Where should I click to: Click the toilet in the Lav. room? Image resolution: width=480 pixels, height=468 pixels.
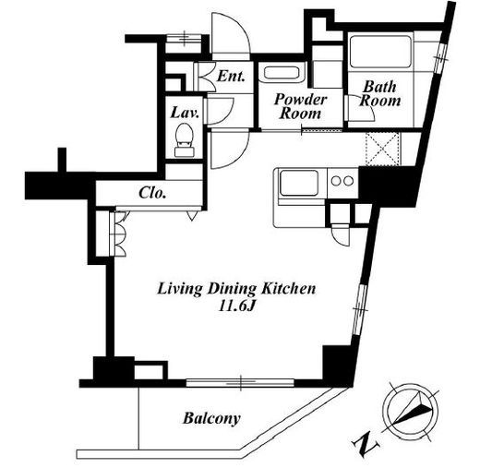pyautogui.click(x=184, y=140)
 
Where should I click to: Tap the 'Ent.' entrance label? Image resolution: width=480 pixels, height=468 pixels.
pyautogui.click(x=231, y=76)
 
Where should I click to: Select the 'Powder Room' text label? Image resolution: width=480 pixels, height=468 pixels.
pyautogui.click(x=300, y=106)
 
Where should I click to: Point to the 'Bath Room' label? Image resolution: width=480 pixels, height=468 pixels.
pyautogui.click(x=380, y=93)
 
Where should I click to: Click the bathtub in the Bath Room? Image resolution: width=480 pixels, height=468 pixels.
pyautogui.click(x=380, y=52)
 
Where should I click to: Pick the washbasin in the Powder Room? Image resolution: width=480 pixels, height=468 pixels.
pyautogui.click(x=282, y=74)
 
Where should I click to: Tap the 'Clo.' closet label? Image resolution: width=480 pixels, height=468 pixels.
pyautogui.click(x=152, y=193)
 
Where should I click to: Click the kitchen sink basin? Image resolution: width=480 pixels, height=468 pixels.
pyautogui.click(x=299, y=183)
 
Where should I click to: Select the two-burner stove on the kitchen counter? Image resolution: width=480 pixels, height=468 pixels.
pyautogui.click(x=342, y=181)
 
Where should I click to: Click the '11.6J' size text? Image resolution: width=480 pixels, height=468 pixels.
pyautogui.click(x=237, y=306)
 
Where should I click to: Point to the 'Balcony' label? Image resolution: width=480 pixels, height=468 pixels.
pyautogui.click(x=211, y=418)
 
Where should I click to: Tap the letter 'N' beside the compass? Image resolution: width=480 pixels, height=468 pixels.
pyautogui.click(x=366, y=444)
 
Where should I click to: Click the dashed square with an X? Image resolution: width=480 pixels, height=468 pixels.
pyautogui.click(x=382, y=149)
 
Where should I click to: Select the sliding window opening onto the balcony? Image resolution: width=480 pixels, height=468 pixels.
pyautogui.click(x=240, y=382)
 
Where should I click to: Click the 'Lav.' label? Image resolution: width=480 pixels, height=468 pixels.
pyautogui.click(x=185, y=113)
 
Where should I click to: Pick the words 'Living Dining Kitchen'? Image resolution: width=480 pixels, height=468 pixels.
pyautogui.click(x=236, y=289)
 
